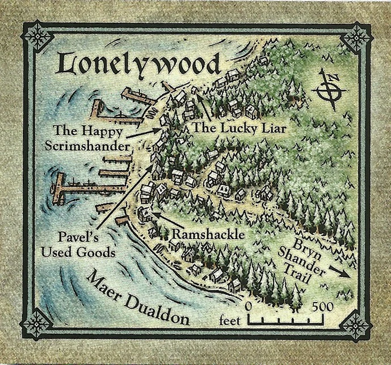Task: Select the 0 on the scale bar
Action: tap(249, 307)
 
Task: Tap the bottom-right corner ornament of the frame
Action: tap(355, 326)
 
